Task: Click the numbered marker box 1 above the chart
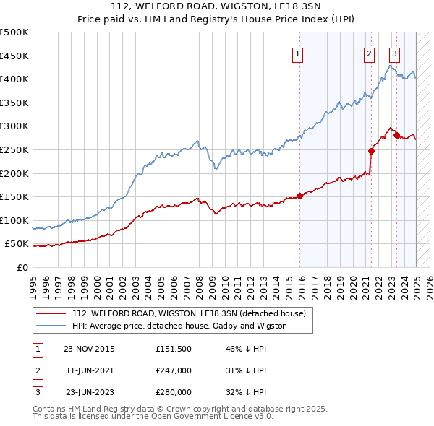click(x=298, y=53)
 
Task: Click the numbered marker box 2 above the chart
click(x=369, y=53)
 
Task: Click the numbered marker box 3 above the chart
click(x=394, y=53)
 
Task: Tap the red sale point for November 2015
click(x=299, y=196)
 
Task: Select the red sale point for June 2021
click(x=371, y=151)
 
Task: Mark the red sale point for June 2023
click(x=397, y=135)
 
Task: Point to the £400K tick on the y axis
click(x=16, y=79)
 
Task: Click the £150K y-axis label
click(x=16, y=196)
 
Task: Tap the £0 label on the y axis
click(x=22, y=267)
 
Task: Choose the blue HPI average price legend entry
click(x=179, y=326)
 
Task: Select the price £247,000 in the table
click(x=174, y=371)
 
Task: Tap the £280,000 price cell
click(x=174, y=393)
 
